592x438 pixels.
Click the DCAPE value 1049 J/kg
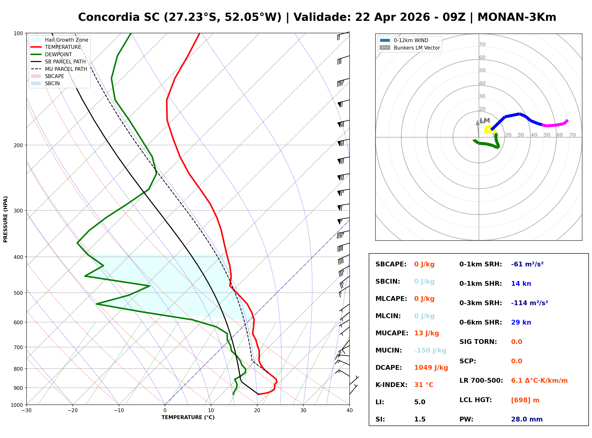431,367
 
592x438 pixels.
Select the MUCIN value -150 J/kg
430,350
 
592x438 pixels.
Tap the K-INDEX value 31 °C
424,385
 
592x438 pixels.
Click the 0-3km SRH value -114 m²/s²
529,303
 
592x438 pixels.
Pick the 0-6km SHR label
480,322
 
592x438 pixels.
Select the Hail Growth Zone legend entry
66,40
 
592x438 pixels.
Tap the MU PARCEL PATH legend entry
66,69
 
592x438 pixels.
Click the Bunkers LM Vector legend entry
416,48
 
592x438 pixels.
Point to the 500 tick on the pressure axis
18,293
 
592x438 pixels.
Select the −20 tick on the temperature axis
72,410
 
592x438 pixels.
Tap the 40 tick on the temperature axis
349,410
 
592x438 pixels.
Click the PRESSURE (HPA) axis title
6,219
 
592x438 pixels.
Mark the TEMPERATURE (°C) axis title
188,417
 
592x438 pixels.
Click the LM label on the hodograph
485,120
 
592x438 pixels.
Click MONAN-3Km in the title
516,17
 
